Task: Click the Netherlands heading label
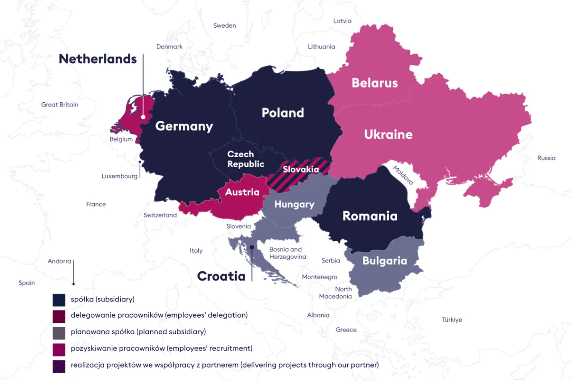coord(97,59)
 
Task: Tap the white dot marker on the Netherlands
coord(143,117)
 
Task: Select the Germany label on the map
coord(184,126)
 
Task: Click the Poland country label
coord(282,113)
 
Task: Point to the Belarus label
coord(374,83)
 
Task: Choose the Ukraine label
coord(388,134)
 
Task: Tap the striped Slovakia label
coord(301,170)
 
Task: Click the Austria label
coord(242,192)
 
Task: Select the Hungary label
coord(294,205)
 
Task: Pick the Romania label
coord(370,216)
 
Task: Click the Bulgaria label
coord(384,261)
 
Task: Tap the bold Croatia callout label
coord(221,276)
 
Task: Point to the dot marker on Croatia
coord(252,247)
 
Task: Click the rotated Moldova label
coord(404,176)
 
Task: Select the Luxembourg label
coord(119,176)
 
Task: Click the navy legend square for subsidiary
coord(59,300)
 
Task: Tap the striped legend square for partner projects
coord(59,366)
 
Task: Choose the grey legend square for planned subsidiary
coord(59,333)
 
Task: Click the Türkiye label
coord(452,320)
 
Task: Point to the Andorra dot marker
coord(74,284)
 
